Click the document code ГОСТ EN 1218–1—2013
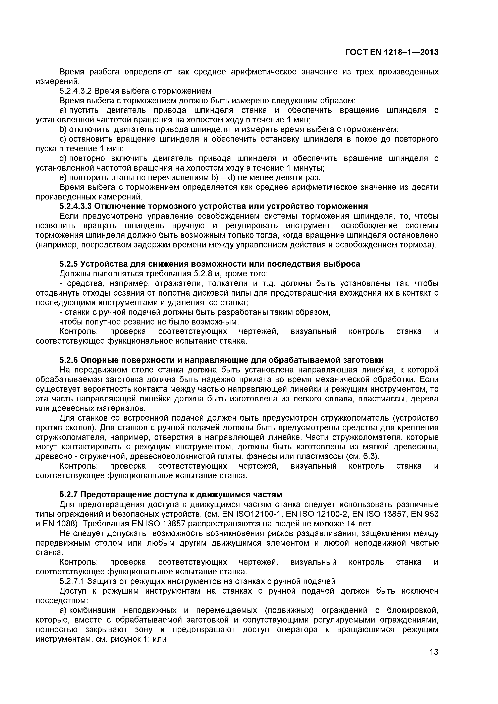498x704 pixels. pyautogui.click(x=392, y=52)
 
